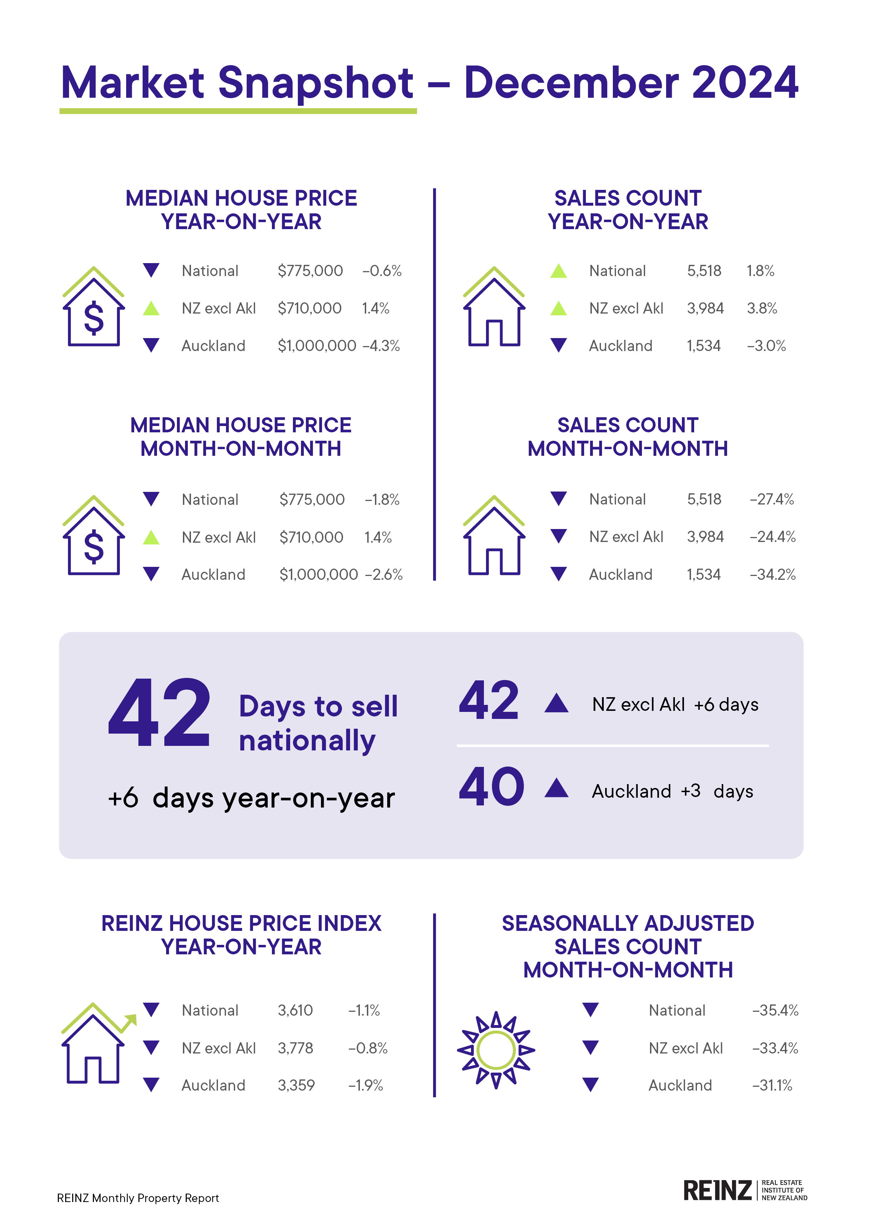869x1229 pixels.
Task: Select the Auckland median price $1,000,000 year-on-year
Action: coord(316,346)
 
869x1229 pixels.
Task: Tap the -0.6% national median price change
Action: coord(382,271)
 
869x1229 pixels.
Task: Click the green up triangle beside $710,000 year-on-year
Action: coord(151,308)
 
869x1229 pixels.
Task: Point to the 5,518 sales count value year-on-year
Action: coord(704,271)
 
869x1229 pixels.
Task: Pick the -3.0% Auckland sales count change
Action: coord(766,346)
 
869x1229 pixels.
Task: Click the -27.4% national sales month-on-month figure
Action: coord(772,500)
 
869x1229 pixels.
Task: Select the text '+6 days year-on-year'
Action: coord(251,798)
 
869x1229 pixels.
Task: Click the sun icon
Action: coord(496,1050)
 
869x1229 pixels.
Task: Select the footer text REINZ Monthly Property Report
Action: coord(138,1198)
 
